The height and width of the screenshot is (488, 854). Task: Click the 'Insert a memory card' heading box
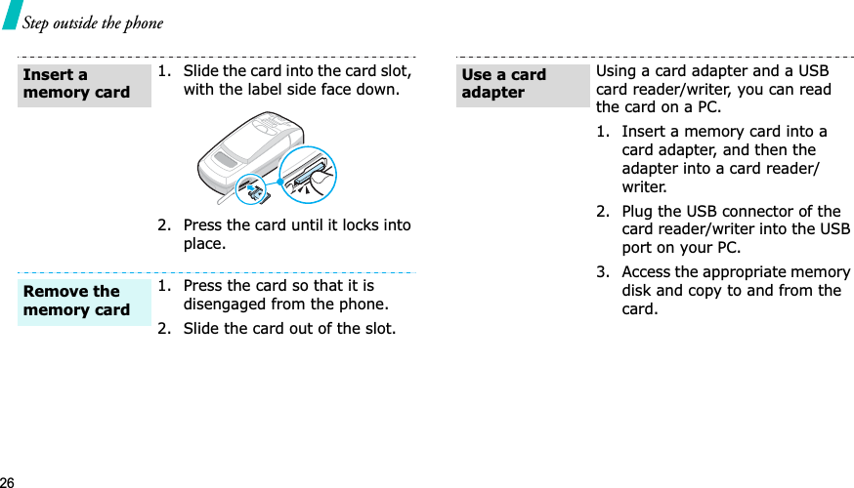[83, 84]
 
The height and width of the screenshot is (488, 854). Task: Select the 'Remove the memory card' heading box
[83, 301]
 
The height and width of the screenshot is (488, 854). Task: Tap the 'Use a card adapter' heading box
[522, 84]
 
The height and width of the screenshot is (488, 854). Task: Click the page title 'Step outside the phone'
[93, 22]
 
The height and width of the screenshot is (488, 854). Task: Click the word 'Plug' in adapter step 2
[639, 212]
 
